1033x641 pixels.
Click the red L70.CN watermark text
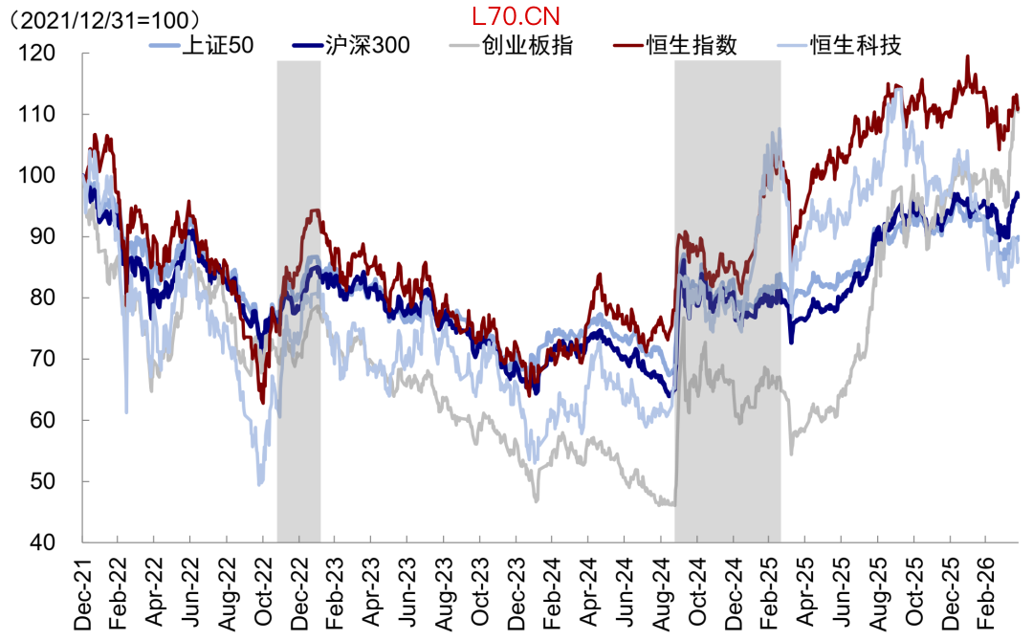pos(516,15)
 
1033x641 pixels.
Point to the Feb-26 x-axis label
pos(986,593)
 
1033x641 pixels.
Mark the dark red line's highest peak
pos(968,56)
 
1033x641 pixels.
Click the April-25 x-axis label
pos(805,593)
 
